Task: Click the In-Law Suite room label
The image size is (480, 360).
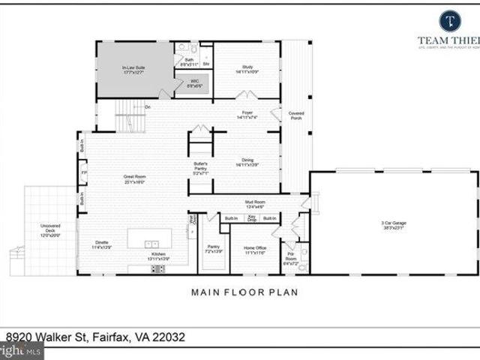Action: pyautogui.click(x=133, y=70)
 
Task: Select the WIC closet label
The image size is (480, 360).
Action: pyautogui.click(x=193, y=83)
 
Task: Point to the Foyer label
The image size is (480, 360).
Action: pyautogui.click(x=247, y=115)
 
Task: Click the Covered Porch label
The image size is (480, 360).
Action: pyautogui.click(x=296, y=116)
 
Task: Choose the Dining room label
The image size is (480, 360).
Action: pyautogui.click(x=247, y=162)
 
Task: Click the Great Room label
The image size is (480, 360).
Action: pyautogui.click(x=133, y=179)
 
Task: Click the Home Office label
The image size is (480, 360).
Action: pyautogui.click(x=256, y=250)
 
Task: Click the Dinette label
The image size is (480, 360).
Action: pyautogui.click(x=101, y=244)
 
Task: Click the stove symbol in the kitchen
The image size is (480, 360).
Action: pyautogui.click(x=158, y=268)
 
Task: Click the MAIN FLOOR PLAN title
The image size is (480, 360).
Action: pyautogui.click(x=244, y=292)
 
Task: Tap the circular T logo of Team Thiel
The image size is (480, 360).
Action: pyautogui.click(x=449, y=20)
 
